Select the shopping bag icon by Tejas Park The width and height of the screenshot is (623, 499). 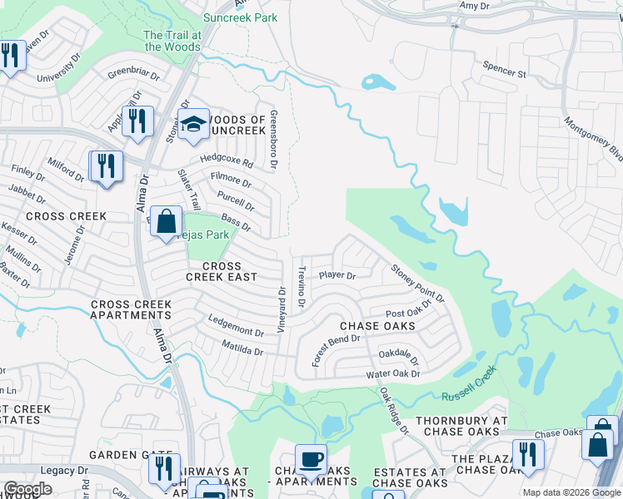(167, 222)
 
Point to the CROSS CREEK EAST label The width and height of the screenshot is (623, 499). (221, 271)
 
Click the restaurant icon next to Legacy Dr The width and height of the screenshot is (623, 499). (164, 469)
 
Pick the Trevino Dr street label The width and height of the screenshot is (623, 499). (302, 284)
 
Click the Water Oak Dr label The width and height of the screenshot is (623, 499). (393, 374)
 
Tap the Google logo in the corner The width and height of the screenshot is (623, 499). (27, 489)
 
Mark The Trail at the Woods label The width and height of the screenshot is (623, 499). (172, 41)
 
